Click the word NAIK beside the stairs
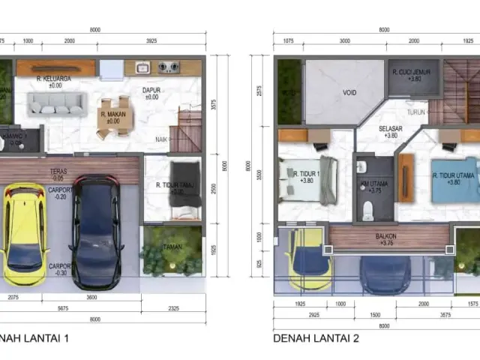click(160, 139)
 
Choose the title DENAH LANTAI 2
click(316, 338)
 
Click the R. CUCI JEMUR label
click(414, 73)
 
